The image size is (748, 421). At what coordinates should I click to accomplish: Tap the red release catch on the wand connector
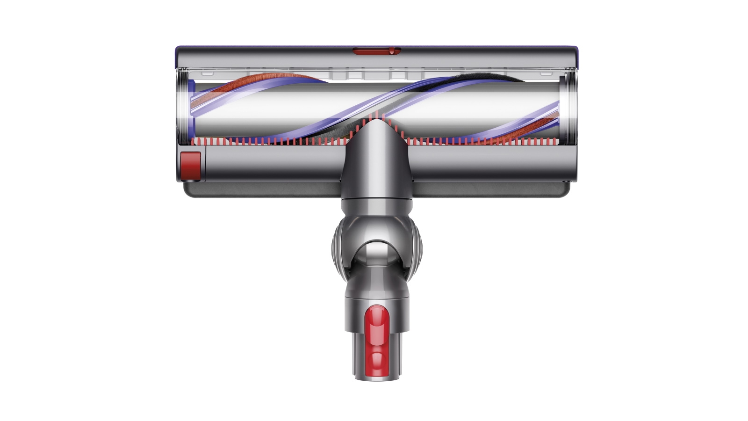click(x=377, y=336)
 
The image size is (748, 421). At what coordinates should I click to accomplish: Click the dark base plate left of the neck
click(x=262, y=189)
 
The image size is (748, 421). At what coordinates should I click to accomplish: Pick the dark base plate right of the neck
click(x=491, y=189)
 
